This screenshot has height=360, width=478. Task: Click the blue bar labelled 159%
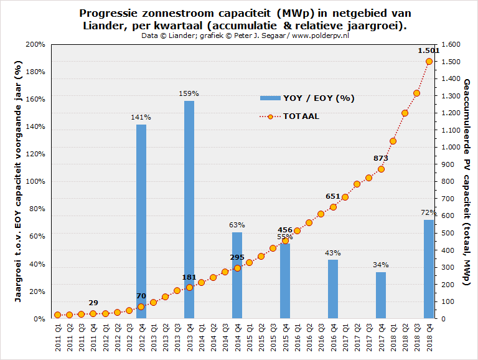click(x=189, y=209)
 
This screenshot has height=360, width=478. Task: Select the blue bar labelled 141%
click(x=141, y=221)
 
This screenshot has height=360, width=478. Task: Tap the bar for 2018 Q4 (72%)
click(x=429, y=269)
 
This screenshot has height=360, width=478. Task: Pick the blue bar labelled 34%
click(x=381, y=295)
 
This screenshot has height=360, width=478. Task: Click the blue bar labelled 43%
click(x=333, y=289)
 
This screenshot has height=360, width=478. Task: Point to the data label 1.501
click(x=429, y=50)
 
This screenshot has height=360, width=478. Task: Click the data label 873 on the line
click(x=381, y=158)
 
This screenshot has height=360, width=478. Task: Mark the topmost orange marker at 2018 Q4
click(x=429, y=61)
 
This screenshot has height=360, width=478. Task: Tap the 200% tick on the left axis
click(x=35, y=45)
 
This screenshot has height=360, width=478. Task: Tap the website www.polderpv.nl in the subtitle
click(x=319, y=36)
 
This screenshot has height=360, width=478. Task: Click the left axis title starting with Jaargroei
click(x=18, y=182)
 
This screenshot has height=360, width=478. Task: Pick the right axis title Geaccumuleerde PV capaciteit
click(x=467, y=182)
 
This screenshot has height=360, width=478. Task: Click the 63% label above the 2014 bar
click(x=237, y=225)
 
